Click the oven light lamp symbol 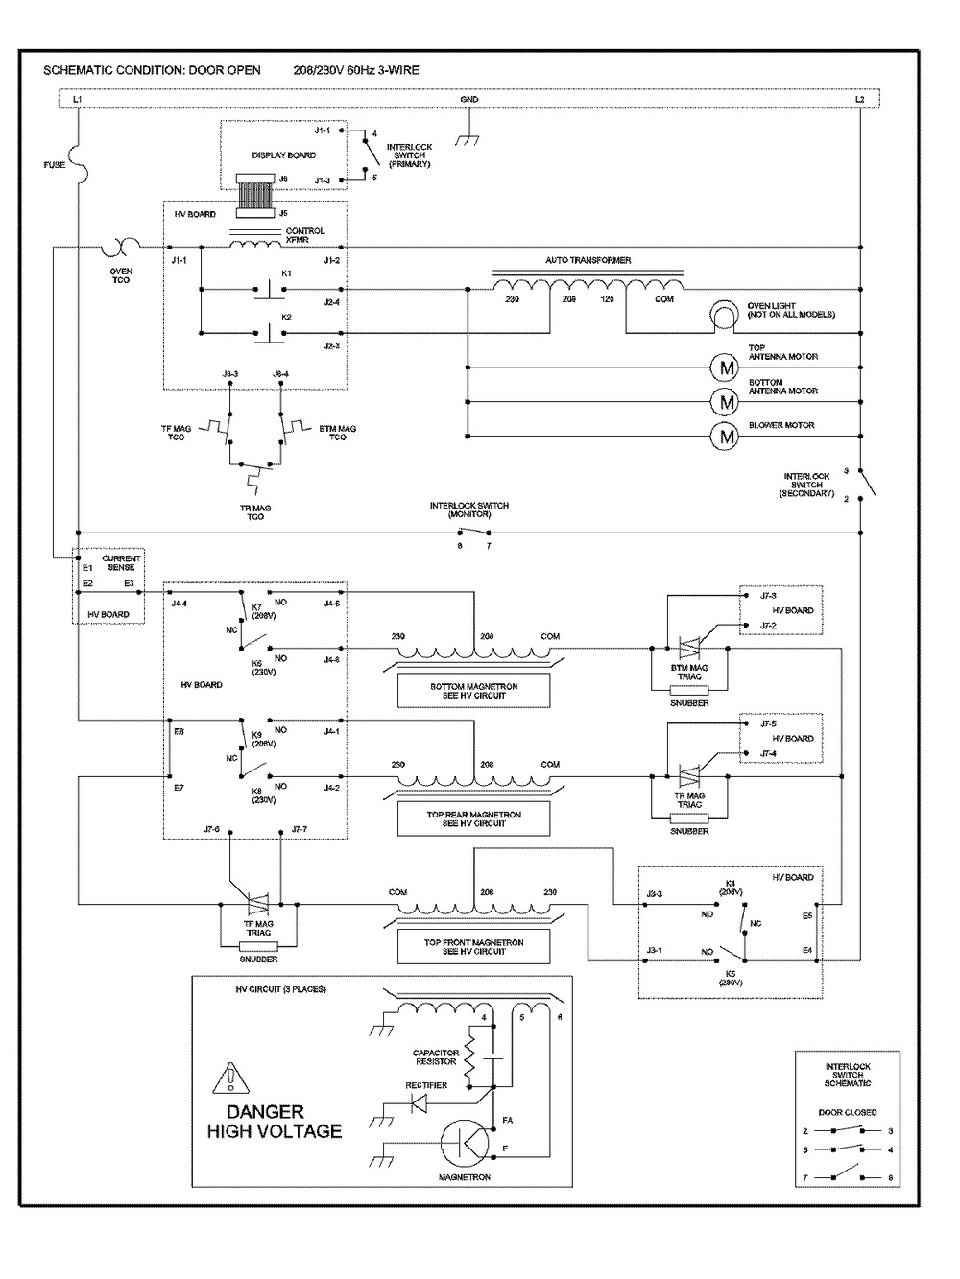(723, 316)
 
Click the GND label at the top (469, 100)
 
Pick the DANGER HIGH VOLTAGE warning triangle (231, 1078)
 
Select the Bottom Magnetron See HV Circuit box (474, 690)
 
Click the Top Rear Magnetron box (474, 818)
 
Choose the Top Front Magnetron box (474, 947)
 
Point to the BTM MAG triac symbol (689, 648)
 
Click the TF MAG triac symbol (257, 904)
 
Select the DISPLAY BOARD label (283, 154)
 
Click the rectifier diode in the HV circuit (419, 1103)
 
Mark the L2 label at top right (860, 100)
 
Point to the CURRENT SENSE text (122, 563)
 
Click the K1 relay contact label (286, 274)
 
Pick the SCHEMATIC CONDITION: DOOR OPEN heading (158, 71)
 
